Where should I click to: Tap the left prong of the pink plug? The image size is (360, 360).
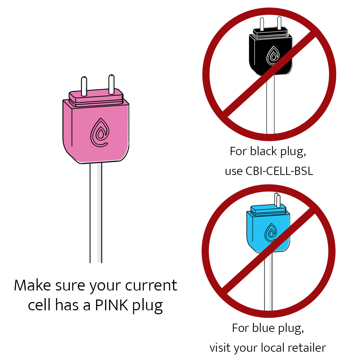84,86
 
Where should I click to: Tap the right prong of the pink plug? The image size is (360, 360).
111,84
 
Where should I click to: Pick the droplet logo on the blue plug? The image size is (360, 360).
271,232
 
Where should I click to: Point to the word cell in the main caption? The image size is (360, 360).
39,306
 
